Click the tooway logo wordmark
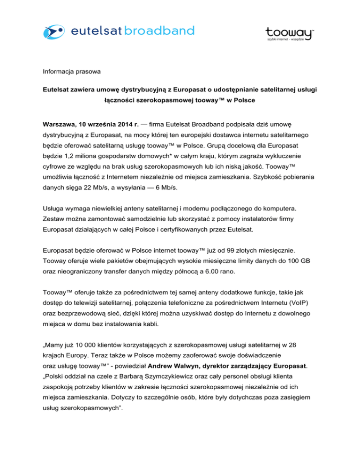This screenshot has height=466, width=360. click(289, 32)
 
